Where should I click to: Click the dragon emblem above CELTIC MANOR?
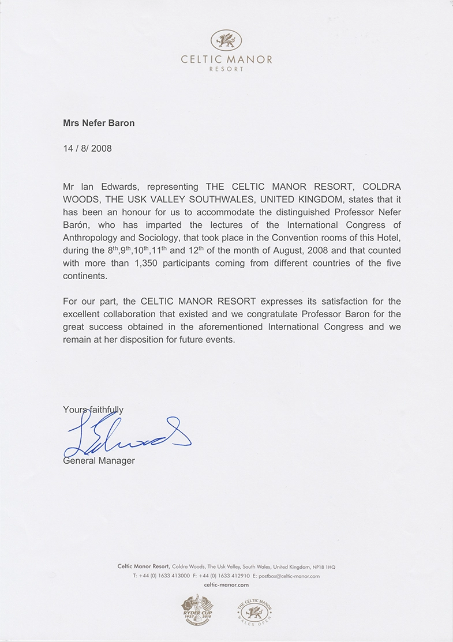click(x=226, y=40)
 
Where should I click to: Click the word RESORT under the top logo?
click(x=226, y=69)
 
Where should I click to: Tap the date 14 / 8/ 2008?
click(x=87, y=148)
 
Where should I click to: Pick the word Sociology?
click(x=165, y=238)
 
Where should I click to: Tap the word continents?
click(x=85, y=276)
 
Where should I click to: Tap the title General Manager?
click(x=99, y=460)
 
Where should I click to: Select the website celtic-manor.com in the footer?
click(x=226, y=584)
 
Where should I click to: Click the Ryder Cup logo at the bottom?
click(x=197, y=610)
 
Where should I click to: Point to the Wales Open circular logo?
click(x=254, y=610)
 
